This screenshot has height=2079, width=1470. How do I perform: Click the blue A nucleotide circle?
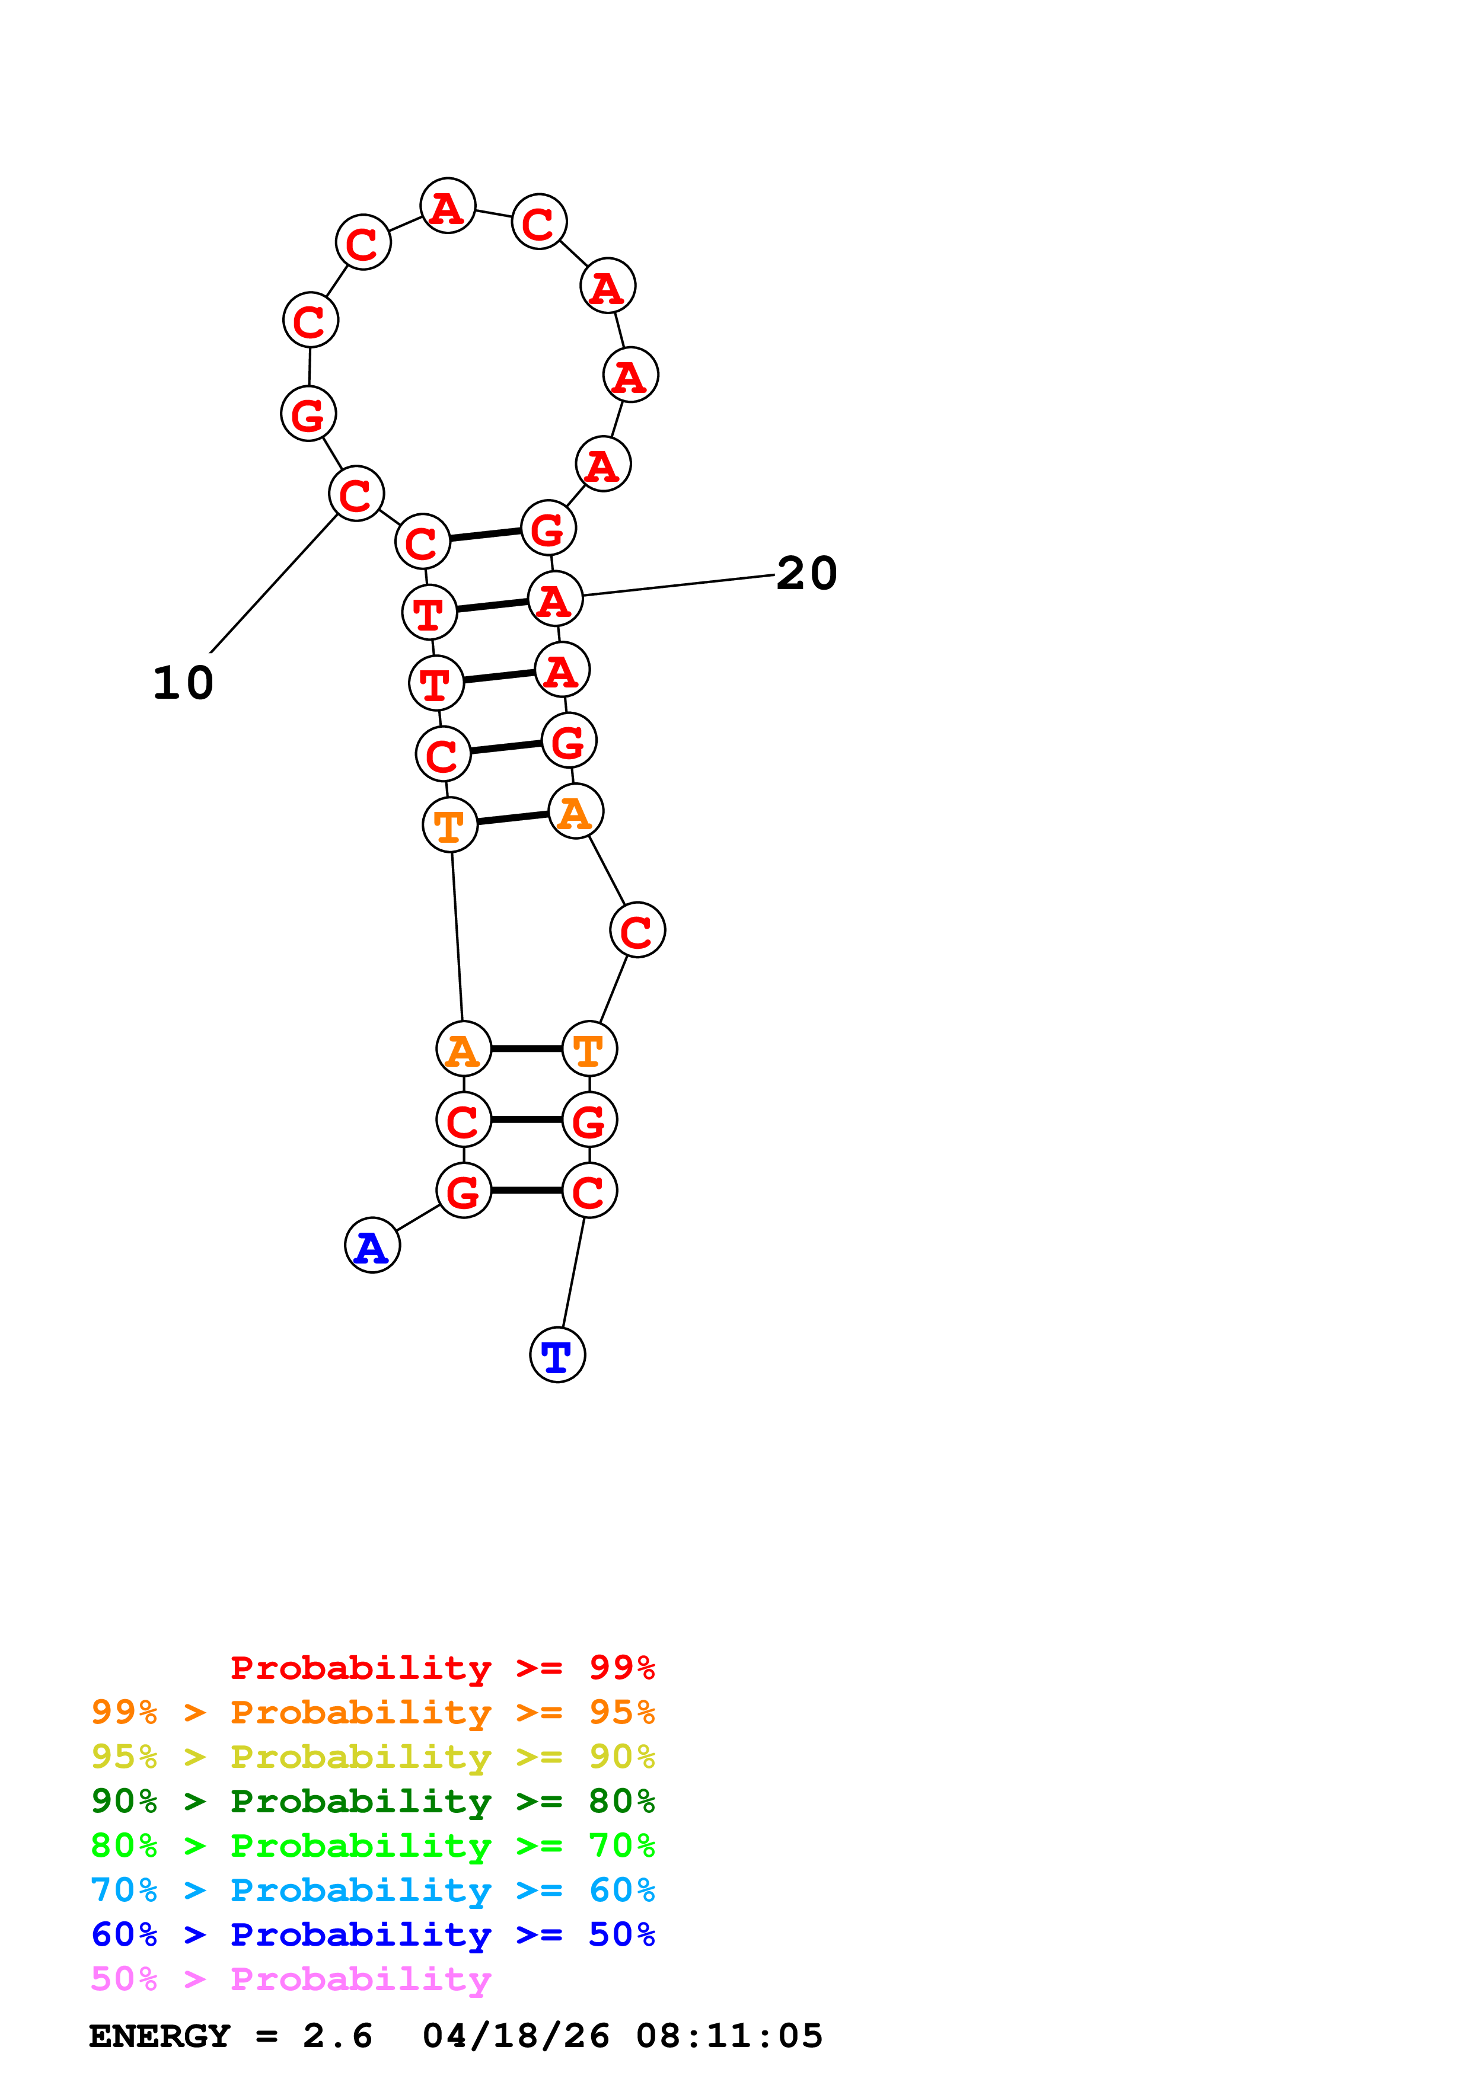[372, 1245]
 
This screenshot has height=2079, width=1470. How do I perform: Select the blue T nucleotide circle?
[557, 1355]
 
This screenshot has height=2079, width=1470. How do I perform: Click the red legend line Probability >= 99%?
[442, 1667]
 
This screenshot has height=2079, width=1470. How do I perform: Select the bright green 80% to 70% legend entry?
[372, 1845]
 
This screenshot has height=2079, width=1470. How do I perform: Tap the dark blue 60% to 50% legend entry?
[372, 1934]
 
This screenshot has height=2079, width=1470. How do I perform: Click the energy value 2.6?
[337, 2036]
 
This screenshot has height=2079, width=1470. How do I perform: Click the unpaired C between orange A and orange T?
[637, 930]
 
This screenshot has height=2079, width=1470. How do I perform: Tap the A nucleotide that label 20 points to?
[555, 599]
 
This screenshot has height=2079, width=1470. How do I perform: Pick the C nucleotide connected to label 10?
[356, 494]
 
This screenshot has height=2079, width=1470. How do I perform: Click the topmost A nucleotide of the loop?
[448, 206]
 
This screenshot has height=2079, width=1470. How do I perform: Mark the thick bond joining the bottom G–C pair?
[526, 1191]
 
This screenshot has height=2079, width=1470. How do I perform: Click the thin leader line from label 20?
[680, 585]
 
